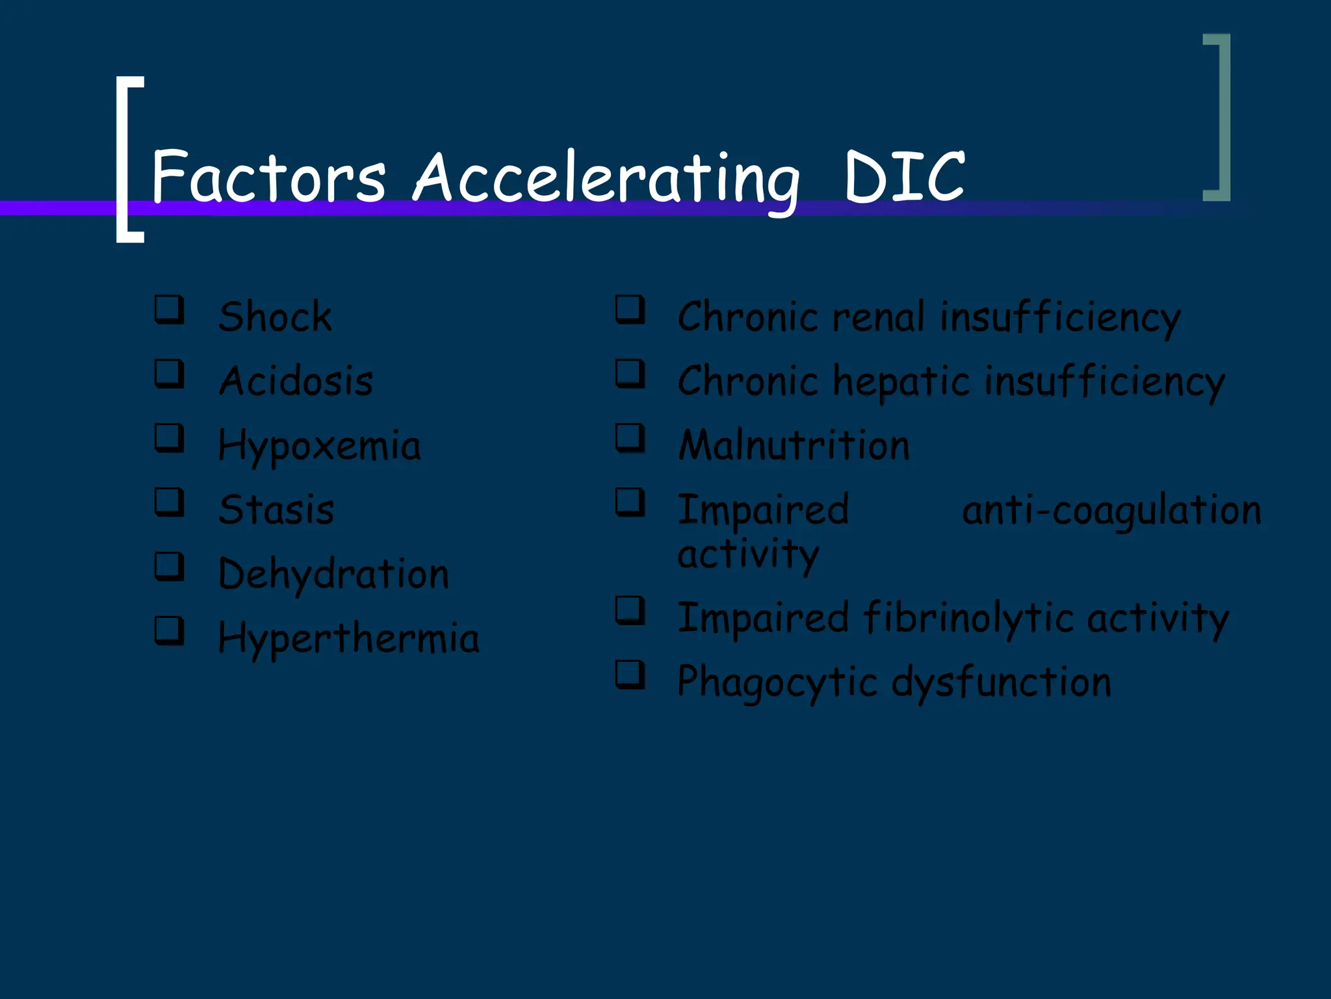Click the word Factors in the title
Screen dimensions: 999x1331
pos(268,176)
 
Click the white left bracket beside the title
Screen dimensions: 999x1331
pos(128,159)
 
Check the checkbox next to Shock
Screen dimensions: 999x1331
pos(169,310)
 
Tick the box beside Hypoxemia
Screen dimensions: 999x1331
pos(169,438)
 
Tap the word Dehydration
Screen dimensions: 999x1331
pos(333,574)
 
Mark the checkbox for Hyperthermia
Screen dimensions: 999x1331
pos(169,630)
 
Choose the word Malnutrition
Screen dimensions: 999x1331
pos(794,446)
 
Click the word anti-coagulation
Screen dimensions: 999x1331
pos(1111,511)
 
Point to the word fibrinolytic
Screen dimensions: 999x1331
pos(968,618)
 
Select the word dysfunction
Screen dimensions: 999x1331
pos(1001,683)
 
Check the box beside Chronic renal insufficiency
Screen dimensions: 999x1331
pos(630,310)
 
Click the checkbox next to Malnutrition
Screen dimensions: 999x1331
pos(630,438)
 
